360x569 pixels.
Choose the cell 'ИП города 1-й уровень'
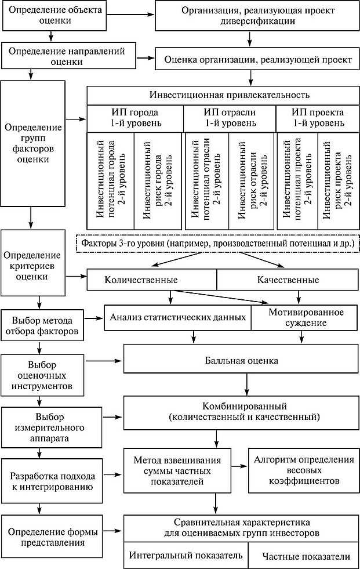pos(135,118)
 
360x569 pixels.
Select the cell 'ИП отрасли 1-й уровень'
pos(229,118)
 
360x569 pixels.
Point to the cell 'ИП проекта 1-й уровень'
pos(318,118)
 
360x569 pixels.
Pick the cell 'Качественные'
pos(288,280)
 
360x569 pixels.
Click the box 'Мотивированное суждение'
pos(306,317)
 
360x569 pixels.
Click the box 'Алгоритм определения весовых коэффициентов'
pos(303,470)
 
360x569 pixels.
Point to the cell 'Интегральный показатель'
pos(186,556)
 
